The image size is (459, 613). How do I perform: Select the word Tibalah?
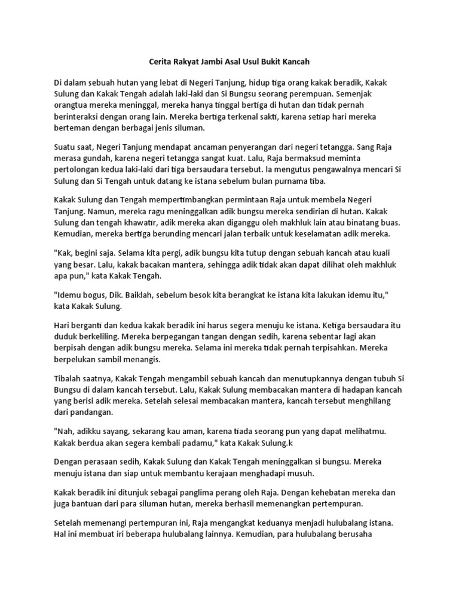coord(68,380)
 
